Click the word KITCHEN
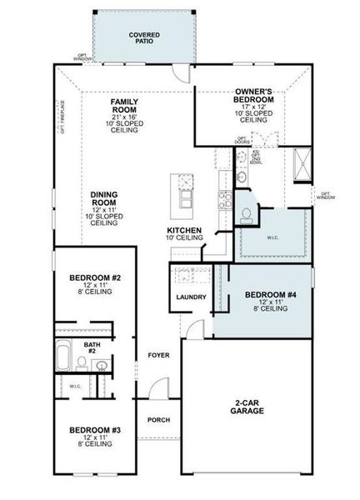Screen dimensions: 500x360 click(x=184, y=230)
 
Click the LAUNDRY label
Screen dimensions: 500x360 click(x=191, y=297)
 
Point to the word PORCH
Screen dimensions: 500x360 click(x=158, y=420)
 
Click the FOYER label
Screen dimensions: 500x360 click(x=158, y=356)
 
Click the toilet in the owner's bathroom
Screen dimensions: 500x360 click(x=245, y=215)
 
